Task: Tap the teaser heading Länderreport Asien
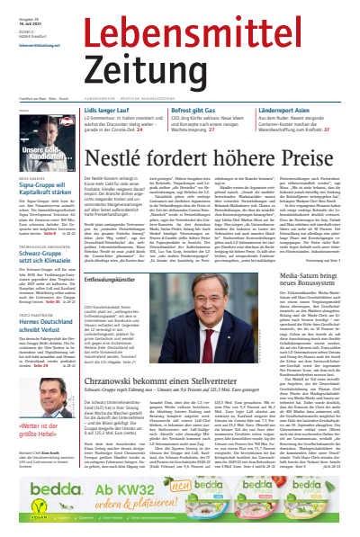click(x=263, y=111)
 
